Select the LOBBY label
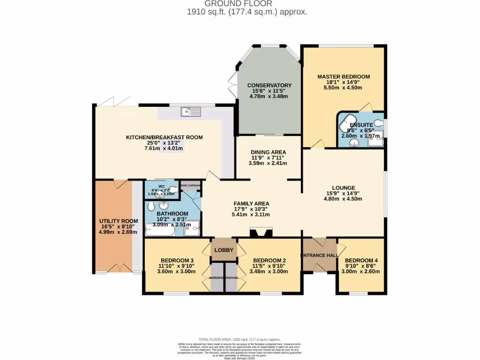[224, 250]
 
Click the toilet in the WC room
[173, 190]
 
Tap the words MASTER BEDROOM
[344, 76]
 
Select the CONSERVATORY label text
[270, 85]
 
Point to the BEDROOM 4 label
[361, 261]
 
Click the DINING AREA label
[269, 152]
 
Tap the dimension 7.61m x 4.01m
[164, 149]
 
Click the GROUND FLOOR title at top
[244, 4]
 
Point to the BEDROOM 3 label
[177, 261]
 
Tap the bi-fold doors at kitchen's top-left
[115, 101]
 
